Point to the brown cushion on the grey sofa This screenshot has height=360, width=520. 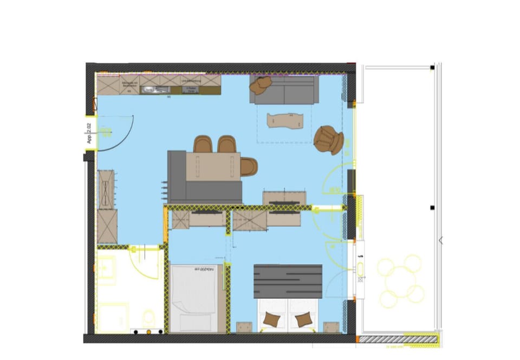click(x=263, y=84)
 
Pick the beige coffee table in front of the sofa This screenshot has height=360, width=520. click(x=285, y=121)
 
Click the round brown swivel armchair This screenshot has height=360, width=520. click(x=328, y=140)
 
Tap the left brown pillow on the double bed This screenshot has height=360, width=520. click(x=271, y=319)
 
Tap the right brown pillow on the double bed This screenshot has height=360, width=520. click(x=304, y=319)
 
